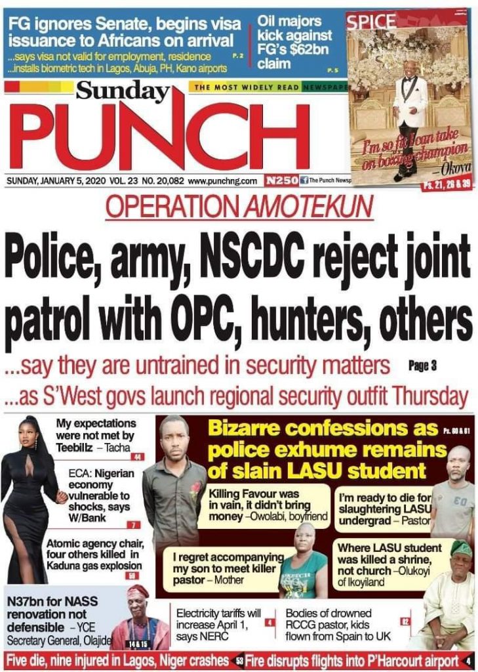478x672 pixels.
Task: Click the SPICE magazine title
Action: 371,21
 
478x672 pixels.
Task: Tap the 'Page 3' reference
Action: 422,366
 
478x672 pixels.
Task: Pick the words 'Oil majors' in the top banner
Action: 289,22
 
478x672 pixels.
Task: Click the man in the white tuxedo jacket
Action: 410,112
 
